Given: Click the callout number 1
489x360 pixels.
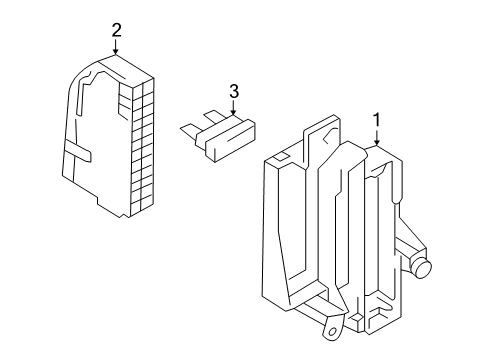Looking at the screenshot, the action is click(x=377, y=120).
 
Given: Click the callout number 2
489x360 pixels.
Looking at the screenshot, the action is click(x=116, y=30).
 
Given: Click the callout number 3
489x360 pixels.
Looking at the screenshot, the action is click(x=234, y=91).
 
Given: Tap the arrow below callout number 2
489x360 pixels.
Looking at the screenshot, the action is click(x=116, y=47).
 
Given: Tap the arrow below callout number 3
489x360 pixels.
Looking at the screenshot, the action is click(x=233, y=107).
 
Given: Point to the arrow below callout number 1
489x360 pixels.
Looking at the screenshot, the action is click(x=377, y=137).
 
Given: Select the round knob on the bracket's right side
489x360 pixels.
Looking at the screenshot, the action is click(x=422, y=266).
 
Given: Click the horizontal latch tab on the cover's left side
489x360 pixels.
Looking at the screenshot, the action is click(x=77, y=152).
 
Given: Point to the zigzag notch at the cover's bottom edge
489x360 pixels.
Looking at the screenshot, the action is click(x=124, y=216).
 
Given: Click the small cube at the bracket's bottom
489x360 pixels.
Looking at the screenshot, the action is click(x=356, y=317).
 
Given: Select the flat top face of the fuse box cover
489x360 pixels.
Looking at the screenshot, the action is click(x=127, y=69).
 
